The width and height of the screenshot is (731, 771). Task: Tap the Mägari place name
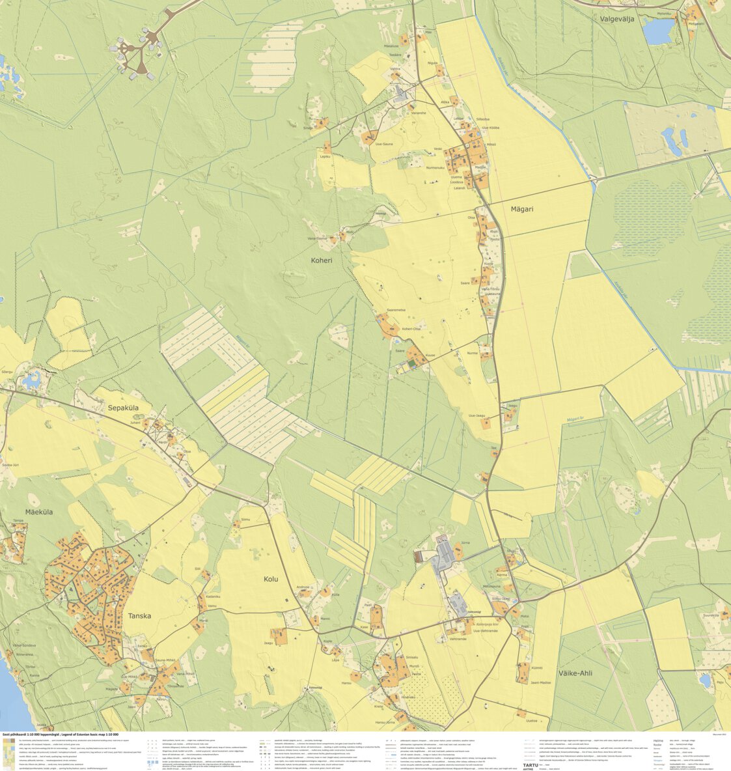pos(521,209)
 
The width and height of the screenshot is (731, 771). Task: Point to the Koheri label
pos(322,260)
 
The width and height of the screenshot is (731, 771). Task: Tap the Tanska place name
pos(139,615)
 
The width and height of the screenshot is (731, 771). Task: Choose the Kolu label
pos(271,578)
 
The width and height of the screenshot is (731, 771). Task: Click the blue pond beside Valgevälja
pos(659,31)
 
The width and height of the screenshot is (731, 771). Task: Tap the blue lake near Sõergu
pos(30,381)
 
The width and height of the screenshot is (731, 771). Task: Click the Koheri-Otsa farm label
pos(411,329)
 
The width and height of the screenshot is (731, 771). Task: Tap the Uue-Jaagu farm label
pos(477,415)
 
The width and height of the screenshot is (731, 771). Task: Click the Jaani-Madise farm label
pos(540,682)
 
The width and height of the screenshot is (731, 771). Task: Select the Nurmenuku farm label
pos(435,168)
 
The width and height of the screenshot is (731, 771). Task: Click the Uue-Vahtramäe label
pos(485,630)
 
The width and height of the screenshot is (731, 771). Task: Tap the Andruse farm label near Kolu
pos(303,587)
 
